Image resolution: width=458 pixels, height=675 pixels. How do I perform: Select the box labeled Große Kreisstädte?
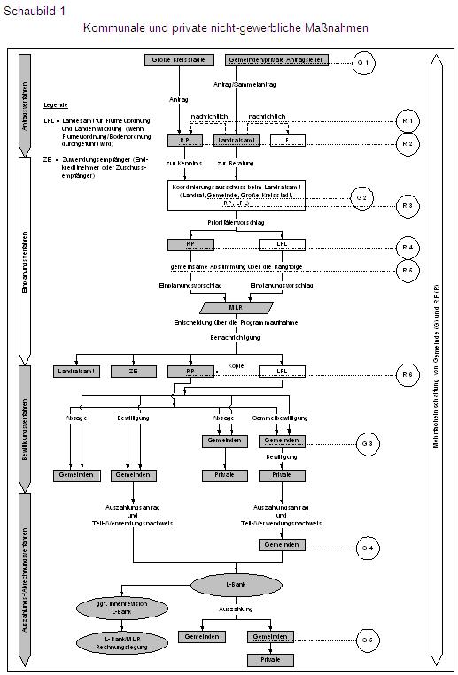coord(175,60)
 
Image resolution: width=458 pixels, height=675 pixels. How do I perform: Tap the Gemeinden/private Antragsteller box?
coord(277,60)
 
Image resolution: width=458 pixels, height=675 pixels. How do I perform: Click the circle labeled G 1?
coord(364,61)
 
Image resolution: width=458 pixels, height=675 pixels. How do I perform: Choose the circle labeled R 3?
coord(408,206)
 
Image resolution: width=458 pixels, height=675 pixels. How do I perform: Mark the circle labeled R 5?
coord(408,271)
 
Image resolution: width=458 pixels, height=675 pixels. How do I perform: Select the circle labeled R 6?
coord(408,375)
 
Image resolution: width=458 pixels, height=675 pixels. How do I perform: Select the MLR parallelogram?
coord(234,308)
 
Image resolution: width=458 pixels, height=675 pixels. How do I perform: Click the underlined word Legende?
coord(55,104)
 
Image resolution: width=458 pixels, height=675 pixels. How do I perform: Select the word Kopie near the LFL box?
coord(234,364)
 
